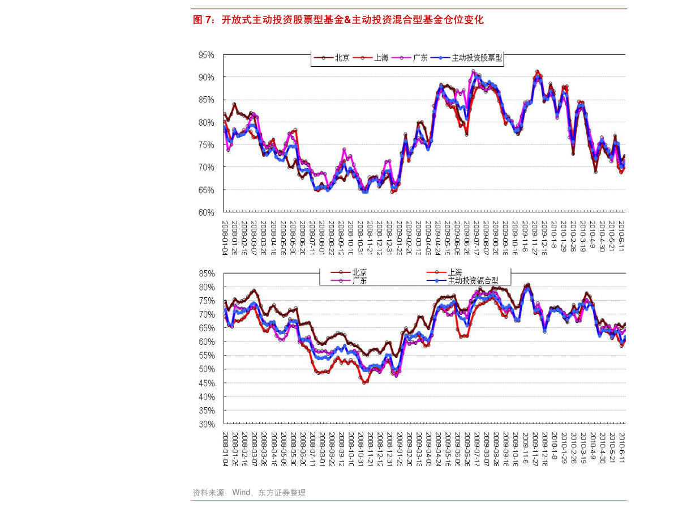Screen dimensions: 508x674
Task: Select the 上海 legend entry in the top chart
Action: tap(381, 58)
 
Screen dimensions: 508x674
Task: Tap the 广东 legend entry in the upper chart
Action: tap(419, 58)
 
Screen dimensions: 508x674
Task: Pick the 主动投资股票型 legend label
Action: tap(476, 58)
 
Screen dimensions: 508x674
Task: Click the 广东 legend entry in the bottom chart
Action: tap(359, 280)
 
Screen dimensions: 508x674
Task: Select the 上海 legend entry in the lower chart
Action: tap(455, 273)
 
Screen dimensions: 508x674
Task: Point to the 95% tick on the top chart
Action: tap(206, 55)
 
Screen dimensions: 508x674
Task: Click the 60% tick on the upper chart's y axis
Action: tap(206, 212)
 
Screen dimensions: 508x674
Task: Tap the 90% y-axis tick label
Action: tap(206, 77)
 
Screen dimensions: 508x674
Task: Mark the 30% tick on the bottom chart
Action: tap(206, 424)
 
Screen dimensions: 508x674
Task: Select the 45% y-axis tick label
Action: tap(206, 383)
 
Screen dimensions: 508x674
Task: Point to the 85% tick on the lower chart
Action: tap(206, 273)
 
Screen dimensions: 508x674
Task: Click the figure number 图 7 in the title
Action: tap(203, 20)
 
